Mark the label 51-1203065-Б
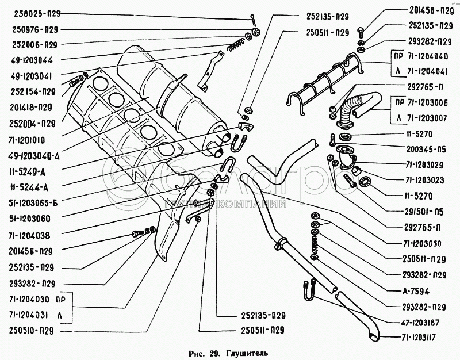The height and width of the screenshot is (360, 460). [33, 202]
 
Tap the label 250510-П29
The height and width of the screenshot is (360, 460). [32, 331]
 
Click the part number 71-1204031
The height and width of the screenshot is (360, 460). [29, 316]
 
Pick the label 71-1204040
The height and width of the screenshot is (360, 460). [429, 57]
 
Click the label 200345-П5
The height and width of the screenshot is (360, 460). [426, 149]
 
